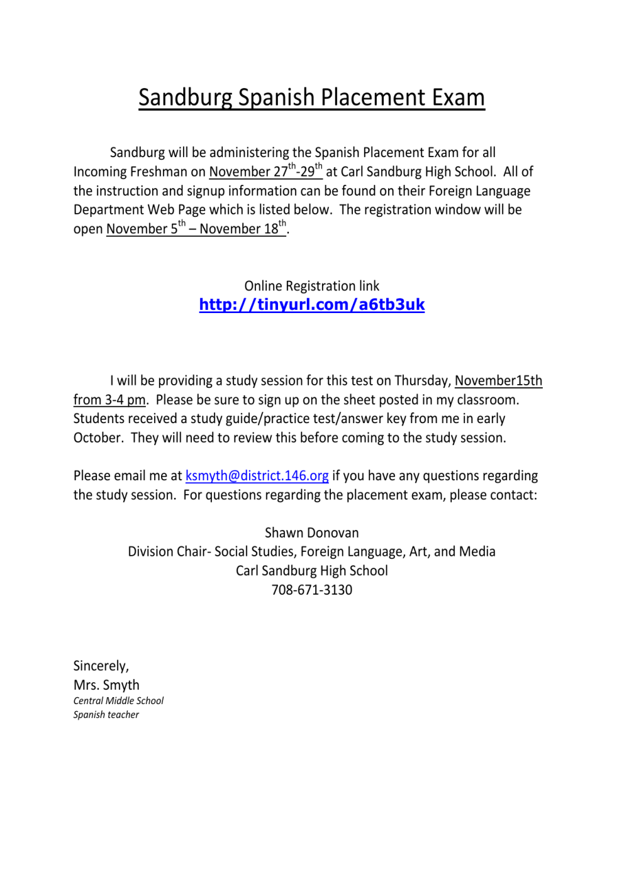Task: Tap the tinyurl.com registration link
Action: click(x=311, y=305)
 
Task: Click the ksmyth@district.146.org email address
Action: click(x=257, y=476)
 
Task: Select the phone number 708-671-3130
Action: click(x=311, y=590)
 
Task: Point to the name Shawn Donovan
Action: click(x=311, y=533)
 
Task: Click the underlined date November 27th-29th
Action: click(x=265, y=172)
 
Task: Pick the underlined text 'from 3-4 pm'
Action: click(x=109, y=400)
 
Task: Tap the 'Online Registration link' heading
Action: click(x=311, y=286)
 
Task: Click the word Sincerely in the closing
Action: click(x=101, y=666)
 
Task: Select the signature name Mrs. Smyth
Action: click(x=106, y=685)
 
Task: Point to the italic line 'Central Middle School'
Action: click(x=118, y=700)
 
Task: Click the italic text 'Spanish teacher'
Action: click(x=106, y=715)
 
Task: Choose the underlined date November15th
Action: click(x=498, y=381)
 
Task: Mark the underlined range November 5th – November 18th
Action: click(x=196, y=229)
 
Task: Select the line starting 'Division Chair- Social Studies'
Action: click(x=311, y=552)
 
